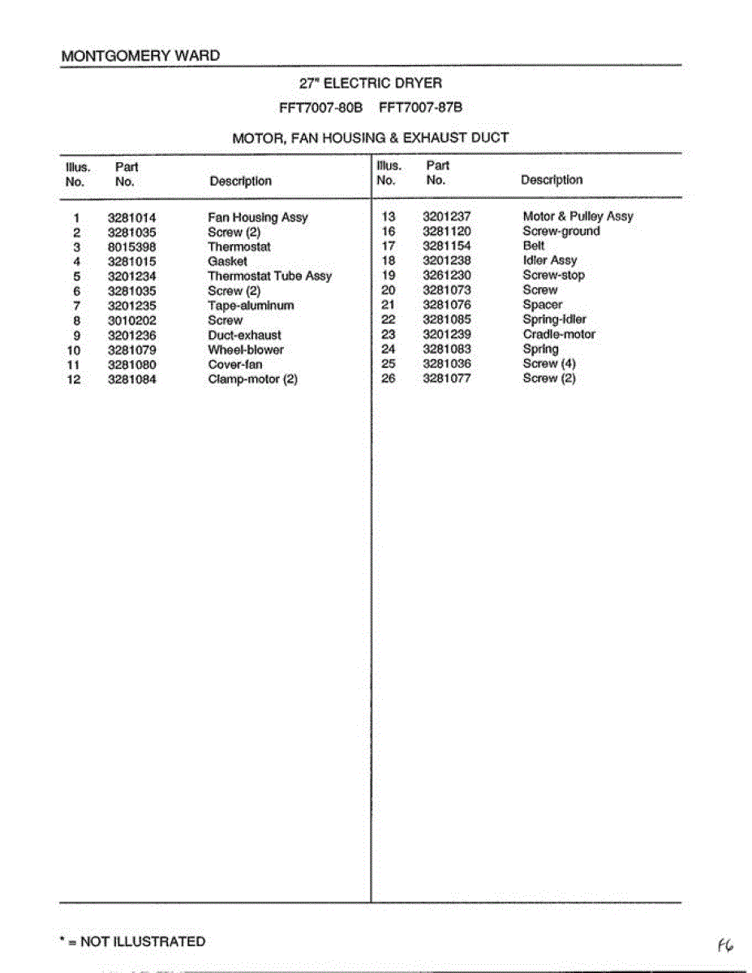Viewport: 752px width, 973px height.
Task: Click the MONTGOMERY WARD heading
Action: coord(140,56)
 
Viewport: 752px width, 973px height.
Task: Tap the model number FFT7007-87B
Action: coord(421,108)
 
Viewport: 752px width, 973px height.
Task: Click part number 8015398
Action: coord(131,247)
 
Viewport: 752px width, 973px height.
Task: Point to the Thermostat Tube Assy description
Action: coord(269,276)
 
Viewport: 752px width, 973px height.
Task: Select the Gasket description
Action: coord(227,262)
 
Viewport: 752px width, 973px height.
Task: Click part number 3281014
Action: coord(131,218)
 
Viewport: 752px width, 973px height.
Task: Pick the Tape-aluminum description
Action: coord(251,306)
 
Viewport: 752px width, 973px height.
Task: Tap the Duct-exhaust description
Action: coord(244,335)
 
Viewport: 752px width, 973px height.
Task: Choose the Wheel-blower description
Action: coord(246,350)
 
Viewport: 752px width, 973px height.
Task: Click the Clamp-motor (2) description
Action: coord(252,379)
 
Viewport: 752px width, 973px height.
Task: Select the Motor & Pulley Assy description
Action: coord(578,216)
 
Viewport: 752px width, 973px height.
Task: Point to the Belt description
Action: coord(534,246)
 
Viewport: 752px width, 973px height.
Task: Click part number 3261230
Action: coord(446,276)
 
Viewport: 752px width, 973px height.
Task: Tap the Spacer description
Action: coord(542,305)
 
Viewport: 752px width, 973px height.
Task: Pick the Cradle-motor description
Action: coord(559,334)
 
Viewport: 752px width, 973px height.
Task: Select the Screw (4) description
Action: coord(549,364)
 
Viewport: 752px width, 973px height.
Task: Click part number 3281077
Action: coord(446,379)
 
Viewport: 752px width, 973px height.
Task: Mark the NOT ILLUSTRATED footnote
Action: coord(133,941)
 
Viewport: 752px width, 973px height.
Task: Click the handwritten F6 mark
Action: coord(724,945)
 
